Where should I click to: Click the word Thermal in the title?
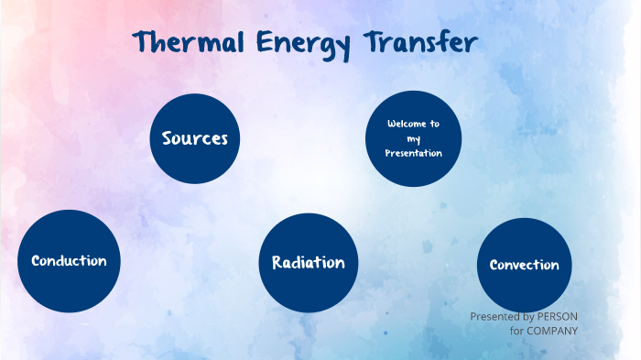pos(188,42)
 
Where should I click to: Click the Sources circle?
pos(194,138)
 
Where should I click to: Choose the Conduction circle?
pos(69,261)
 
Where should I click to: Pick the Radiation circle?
pos(308,263)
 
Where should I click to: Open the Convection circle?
pos(524,265)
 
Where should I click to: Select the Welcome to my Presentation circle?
pos(413,139)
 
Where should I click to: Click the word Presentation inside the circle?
pos(413,153)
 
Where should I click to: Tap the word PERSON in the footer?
pos(558,316)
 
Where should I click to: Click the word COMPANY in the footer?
pos(552,330)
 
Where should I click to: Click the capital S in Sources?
pos(168,138)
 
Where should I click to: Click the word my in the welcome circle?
pos(413,138)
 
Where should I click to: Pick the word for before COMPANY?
pos(516,330)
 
